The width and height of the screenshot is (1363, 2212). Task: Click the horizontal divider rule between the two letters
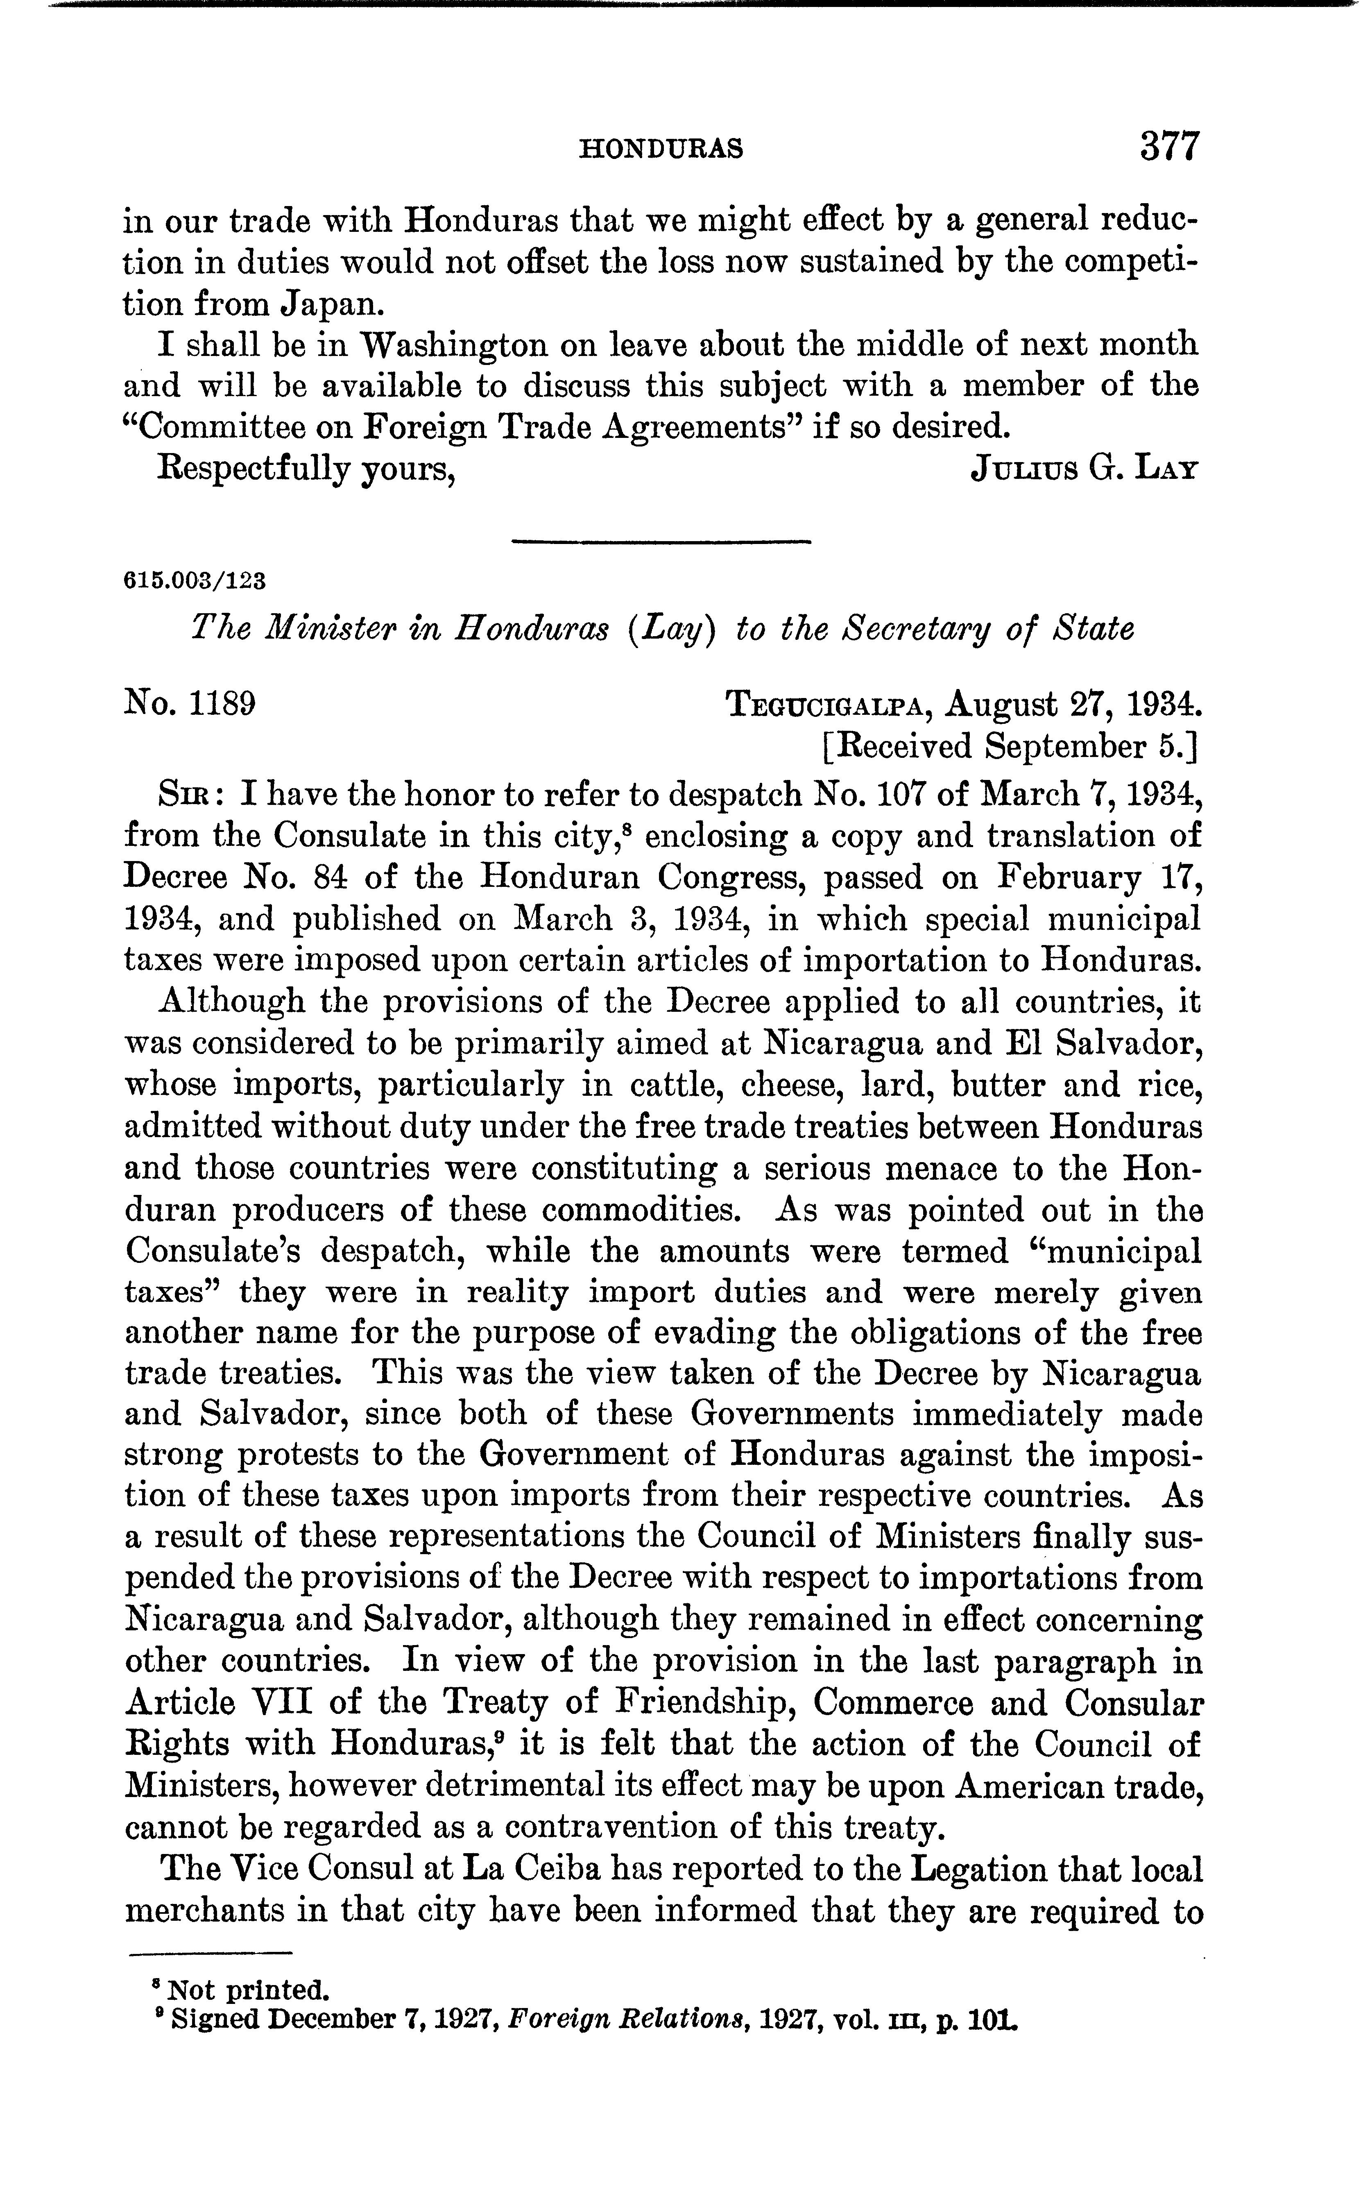661,541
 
